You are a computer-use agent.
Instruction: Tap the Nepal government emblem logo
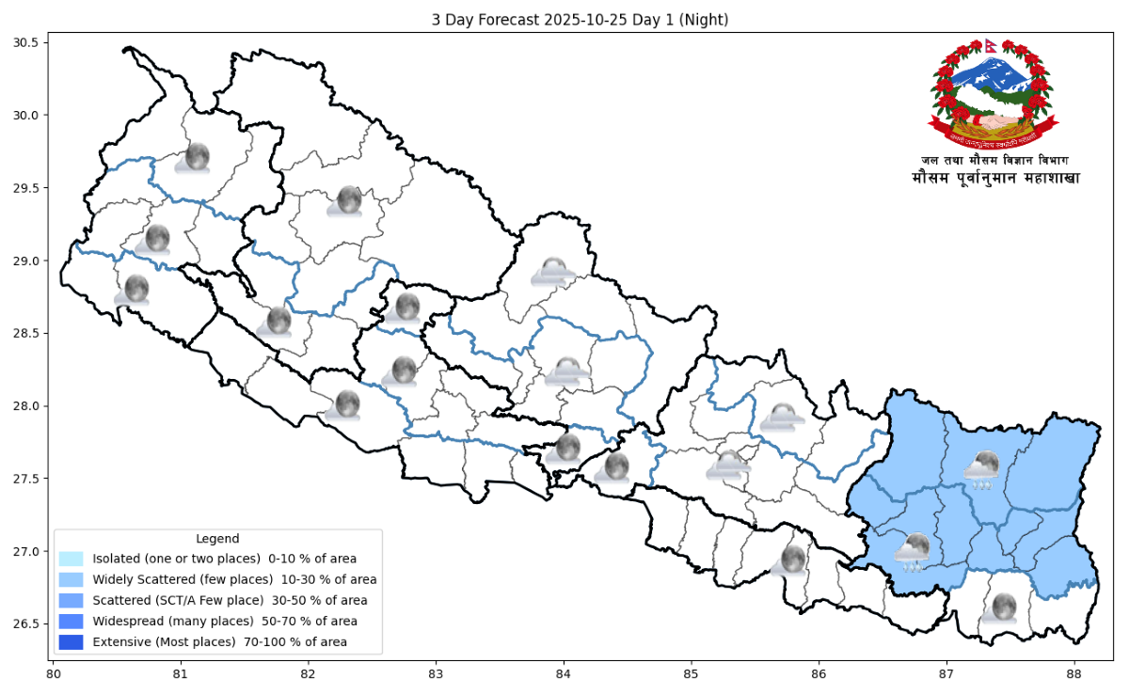994,95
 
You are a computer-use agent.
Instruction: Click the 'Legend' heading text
217,539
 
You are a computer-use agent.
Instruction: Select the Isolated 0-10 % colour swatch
71,560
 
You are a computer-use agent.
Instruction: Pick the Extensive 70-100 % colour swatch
71,642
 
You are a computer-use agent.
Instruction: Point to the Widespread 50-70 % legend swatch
71,622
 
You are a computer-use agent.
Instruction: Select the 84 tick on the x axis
564,674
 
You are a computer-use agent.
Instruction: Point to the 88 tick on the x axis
1073,674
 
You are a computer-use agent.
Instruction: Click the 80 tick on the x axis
54,674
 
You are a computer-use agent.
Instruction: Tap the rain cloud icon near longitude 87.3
983,469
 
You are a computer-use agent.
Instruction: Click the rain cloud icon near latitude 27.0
912,552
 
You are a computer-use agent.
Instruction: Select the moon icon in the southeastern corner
1001,607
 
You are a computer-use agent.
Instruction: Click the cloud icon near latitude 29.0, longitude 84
552,272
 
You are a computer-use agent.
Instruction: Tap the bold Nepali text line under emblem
995,178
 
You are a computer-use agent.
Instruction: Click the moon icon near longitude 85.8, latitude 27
791,560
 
